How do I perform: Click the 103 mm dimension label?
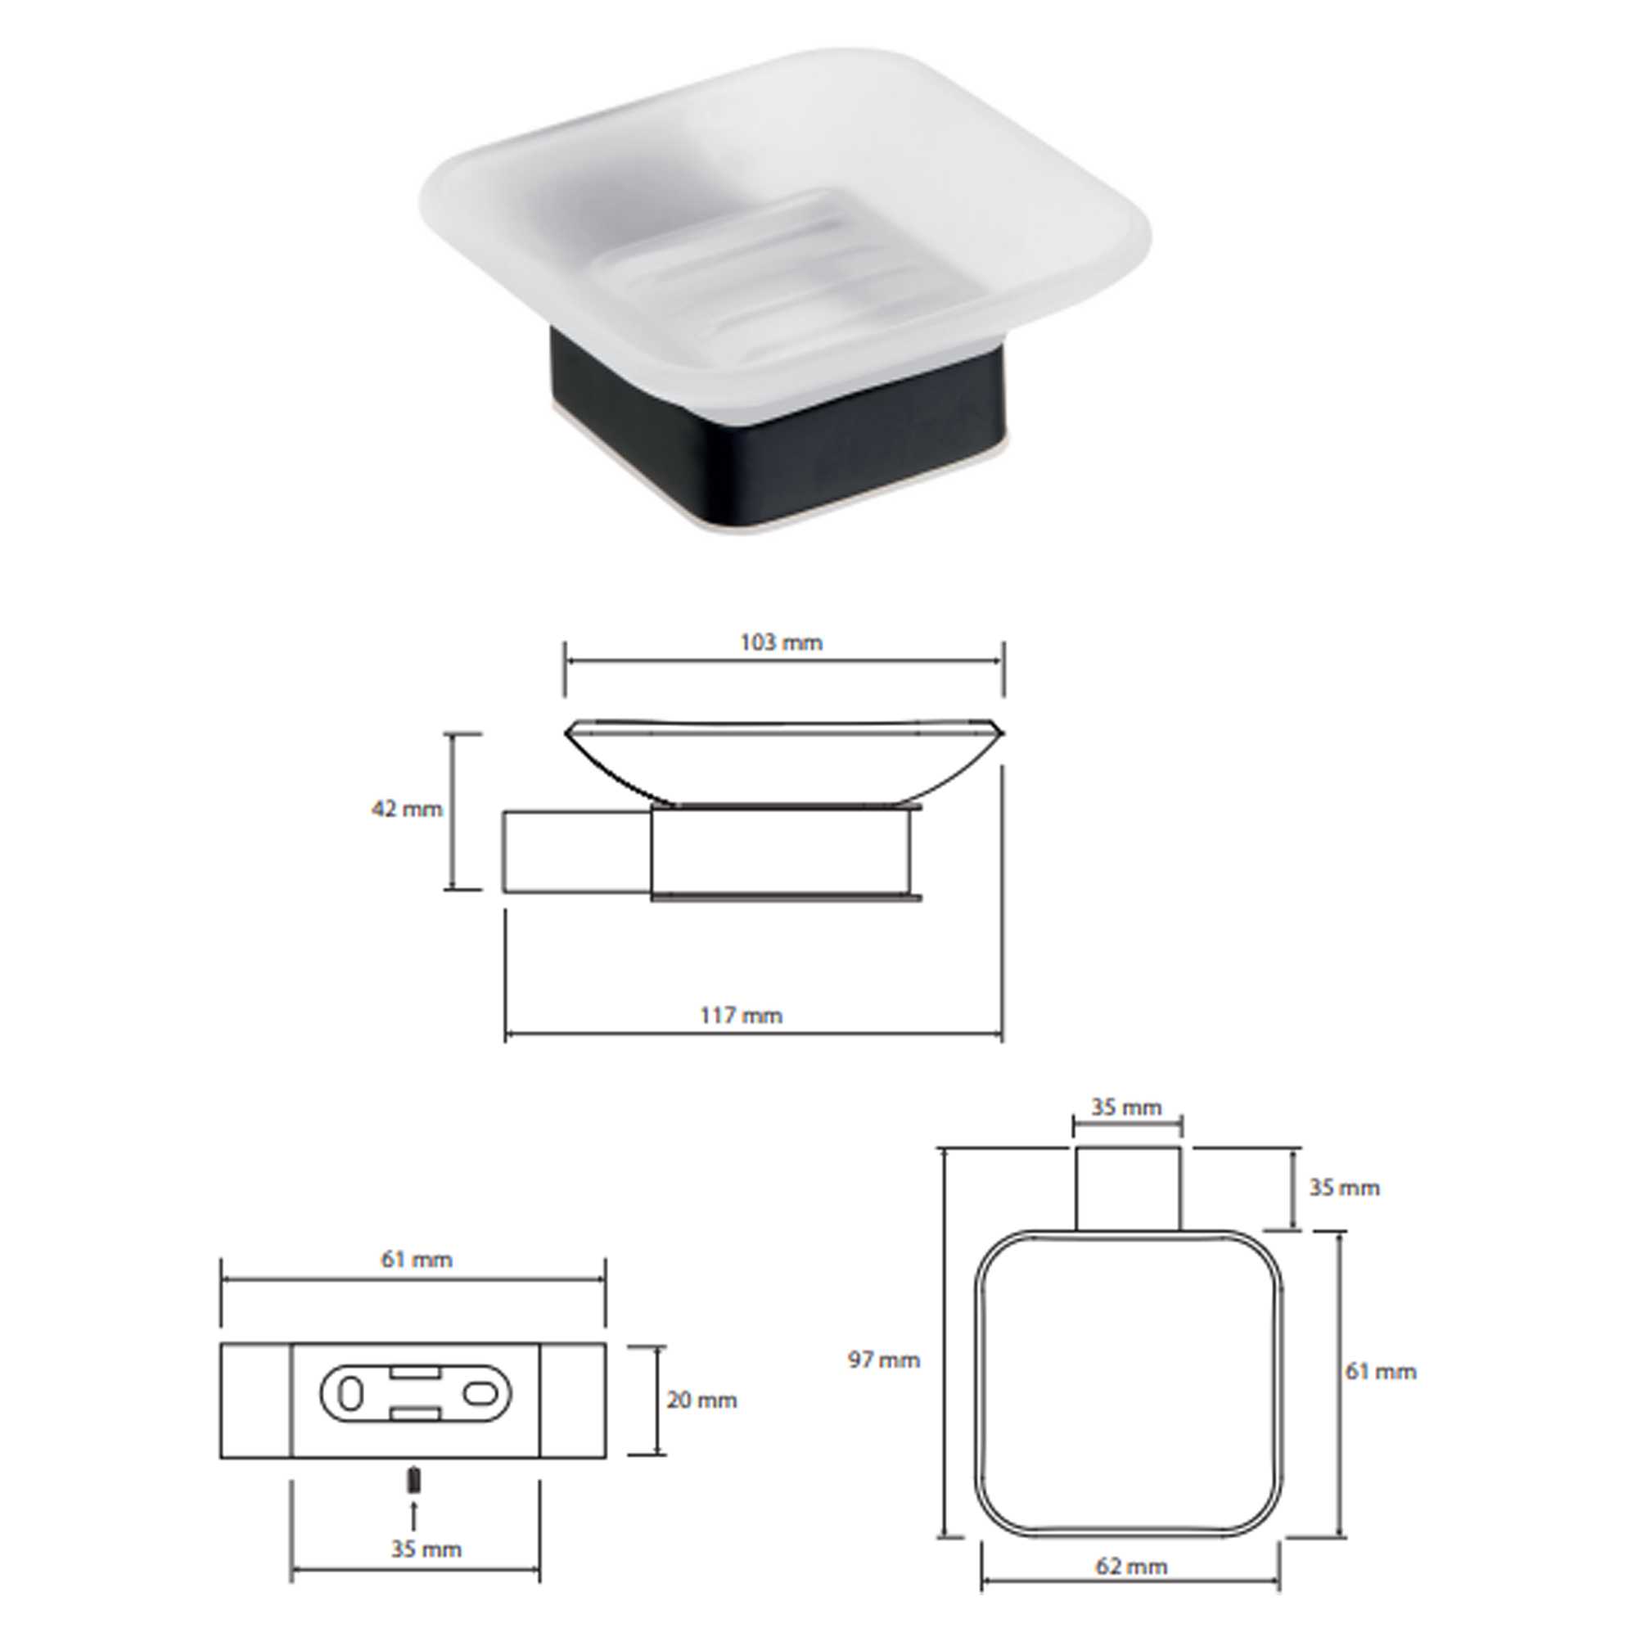[x=781, y=643]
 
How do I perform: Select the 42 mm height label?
[x=407, y=809]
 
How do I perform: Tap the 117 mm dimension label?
[x=742, y=1015]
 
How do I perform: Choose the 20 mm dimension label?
[x=701, y=1400]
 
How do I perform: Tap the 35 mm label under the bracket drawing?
[x=426, y=1526]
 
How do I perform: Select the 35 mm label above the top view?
[x=1126, y=1107]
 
